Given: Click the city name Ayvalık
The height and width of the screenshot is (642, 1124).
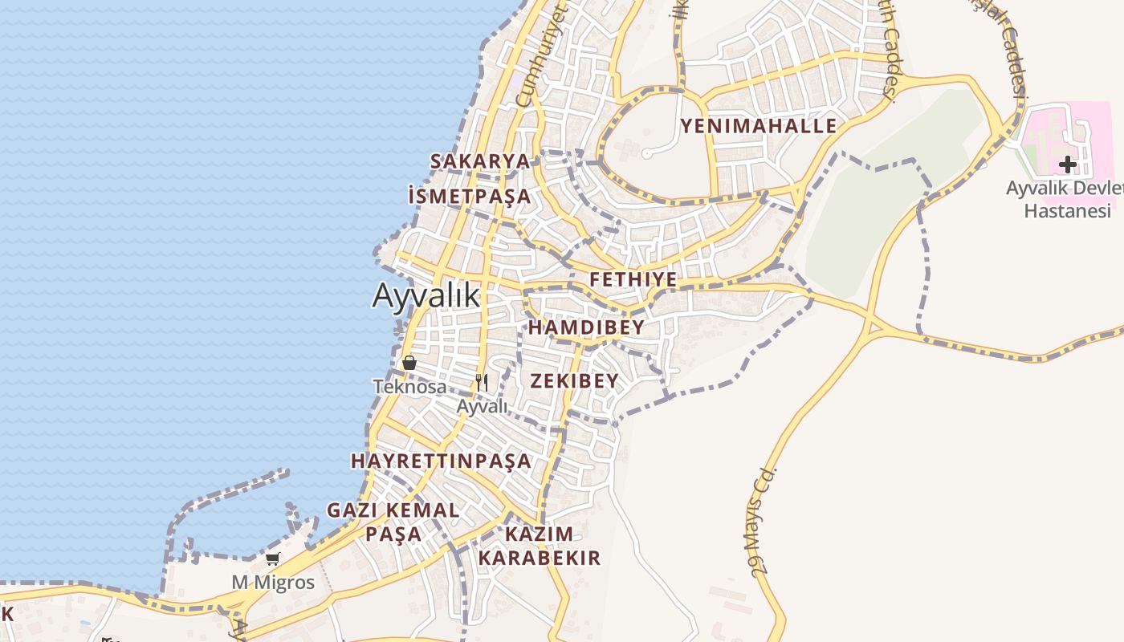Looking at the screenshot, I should (x=426, y=296).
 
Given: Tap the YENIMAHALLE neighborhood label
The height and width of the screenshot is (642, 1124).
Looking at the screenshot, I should (x=759, y=126).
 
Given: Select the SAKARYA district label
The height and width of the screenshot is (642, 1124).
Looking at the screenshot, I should (x=480, y=161).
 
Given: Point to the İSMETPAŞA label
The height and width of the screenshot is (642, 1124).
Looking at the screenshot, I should (x=470, y=196).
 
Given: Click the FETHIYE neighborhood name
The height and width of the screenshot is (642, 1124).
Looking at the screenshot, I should (x=633, y=280).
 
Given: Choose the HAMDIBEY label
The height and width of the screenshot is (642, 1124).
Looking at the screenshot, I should (x=586, y=327).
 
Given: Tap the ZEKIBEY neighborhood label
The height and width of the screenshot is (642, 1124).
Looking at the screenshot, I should (x=574, y=381).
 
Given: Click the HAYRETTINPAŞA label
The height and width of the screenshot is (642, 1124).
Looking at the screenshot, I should (x=441, y=461).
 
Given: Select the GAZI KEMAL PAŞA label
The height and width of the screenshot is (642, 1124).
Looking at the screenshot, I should (x=393, y=522).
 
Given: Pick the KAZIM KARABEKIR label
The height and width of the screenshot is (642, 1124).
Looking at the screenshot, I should (x=540, y=546).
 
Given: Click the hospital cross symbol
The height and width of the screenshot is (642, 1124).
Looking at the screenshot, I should (x=1067, y=165).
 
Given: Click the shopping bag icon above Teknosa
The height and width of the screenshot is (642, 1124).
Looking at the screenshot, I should (x=409, y=363).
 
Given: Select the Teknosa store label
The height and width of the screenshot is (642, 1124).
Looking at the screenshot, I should (x=410, y=387).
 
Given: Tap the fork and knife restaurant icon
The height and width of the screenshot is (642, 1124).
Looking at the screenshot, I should (x=482, y=382).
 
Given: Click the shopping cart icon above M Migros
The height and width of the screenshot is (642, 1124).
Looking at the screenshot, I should (x=273, y=559).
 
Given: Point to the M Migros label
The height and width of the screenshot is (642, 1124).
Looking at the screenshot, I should (x=274, y=582).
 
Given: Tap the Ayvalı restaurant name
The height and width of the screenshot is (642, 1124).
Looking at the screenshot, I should (x=483, y=406).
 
